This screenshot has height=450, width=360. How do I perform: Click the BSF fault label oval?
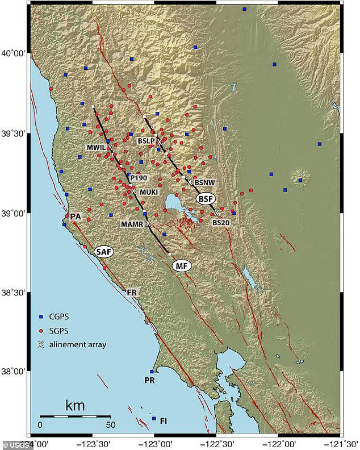point(206,199)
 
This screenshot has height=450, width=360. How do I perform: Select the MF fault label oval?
point(181,265)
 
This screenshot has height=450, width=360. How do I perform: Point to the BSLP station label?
point(146,140)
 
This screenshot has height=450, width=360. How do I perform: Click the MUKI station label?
point(149,192)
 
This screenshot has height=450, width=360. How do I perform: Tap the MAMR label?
point(131,224)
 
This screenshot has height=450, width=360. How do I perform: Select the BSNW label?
point(204,183)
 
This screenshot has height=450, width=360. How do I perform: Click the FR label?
point(132,293)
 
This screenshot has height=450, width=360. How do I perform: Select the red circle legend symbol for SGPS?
point(41,330)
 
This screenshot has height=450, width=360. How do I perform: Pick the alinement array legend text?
point(78,344)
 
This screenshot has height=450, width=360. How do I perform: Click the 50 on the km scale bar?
point(110,424)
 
